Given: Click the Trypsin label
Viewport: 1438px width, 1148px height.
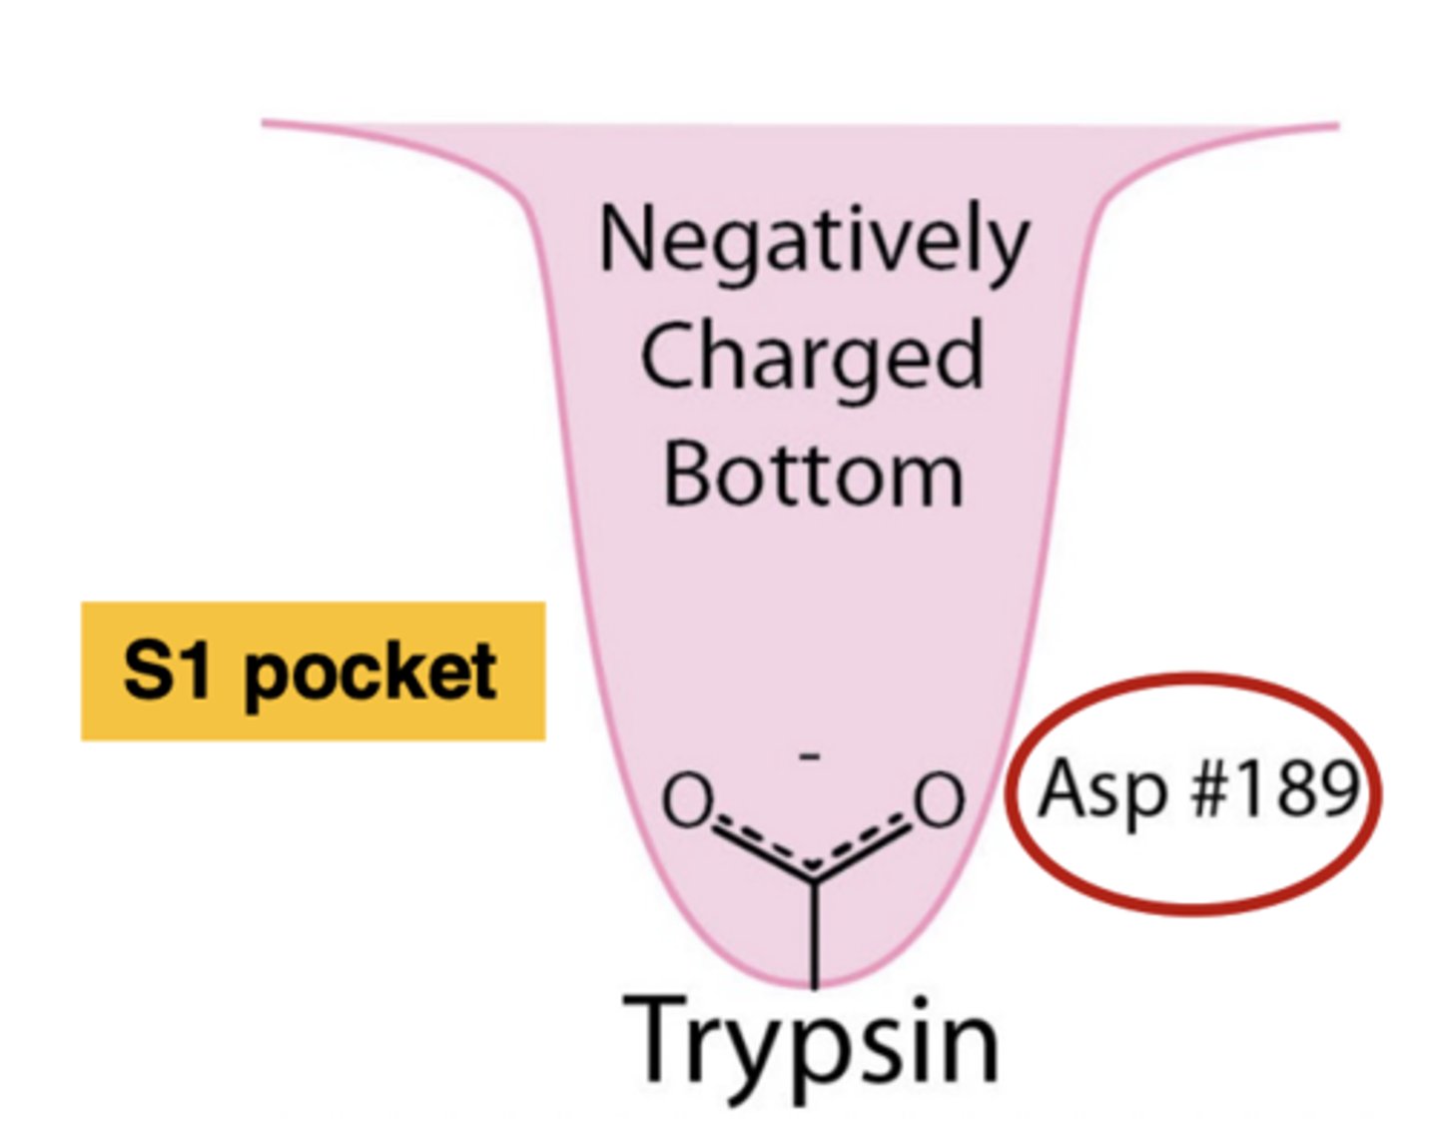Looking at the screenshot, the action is click(811, 1042).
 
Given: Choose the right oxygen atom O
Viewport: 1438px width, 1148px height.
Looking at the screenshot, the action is click(940, 800).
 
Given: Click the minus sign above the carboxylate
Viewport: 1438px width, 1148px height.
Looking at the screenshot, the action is click(810, 756).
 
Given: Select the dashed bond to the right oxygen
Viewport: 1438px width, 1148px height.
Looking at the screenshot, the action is click(865, 845).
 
